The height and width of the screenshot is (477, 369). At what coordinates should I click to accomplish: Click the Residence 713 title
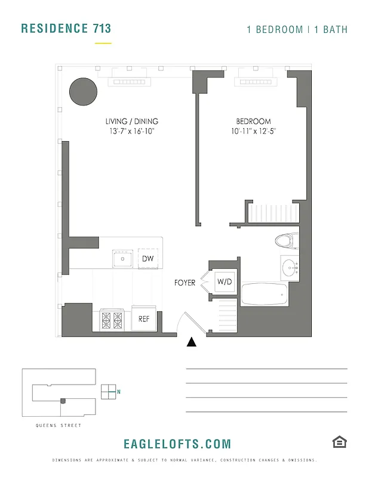(x=66, y=28)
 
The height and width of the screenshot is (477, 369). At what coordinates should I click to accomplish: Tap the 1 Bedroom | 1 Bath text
(x=297, y=29)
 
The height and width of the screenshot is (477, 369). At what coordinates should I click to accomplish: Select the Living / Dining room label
(x=131, y=121)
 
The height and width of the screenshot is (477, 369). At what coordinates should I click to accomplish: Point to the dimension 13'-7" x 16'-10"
(x=131, y=131)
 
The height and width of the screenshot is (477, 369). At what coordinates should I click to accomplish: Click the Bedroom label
(x=253, y=121)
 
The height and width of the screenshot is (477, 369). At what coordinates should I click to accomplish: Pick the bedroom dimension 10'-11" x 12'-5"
(x=254, y=131)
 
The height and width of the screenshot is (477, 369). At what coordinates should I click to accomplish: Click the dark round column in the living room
(x=83, y=92)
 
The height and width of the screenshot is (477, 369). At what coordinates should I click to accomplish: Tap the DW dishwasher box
(x=147, y=259)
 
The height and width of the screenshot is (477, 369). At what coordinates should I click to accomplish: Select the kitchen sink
(x=124, y=259)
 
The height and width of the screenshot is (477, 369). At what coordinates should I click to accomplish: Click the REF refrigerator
(x=144, y=319)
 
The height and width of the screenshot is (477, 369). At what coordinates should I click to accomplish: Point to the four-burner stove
(x=112, y=320)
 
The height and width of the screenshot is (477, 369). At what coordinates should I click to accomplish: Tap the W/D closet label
(x=225, y=281)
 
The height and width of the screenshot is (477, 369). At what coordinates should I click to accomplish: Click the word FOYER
(x=185, y=283)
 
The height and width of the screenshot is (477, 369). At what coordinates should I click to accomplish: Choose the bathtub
(x=263, y=295)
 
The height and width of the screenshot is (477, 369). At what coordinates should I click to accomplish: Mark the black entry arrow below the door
(x=192, y=342)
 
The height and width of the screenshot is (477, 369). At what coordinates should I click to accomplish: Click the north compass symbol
(x=108, y=391)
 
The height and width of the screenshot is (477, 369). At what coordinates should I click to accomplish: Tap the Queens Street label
(x=58, y=425)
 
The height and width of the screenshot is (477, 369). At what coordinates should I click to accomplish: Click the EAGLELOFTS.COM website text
(x=177, y=444)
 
